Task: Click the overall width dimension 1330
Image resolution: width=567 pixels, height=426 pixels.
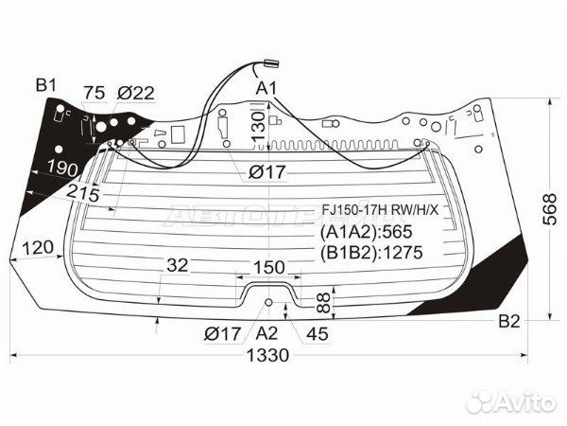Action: coord(268,355)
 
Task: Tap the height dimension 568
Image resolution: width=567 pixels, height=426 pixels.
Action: coord(550,209)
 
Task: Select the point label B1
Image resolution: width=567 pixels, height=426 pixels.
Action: coord(46,86)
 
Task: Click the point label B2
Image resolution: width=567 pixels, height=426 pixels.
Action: coord(509,321)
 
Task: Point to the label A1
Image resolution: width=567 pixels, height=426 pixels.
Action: coord(266,88)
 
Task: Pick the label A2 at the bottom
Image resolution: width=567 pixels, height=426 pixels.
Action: coord(266,333)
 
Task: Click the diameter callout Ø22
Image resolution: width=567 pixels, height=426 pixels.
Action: coord(136,93)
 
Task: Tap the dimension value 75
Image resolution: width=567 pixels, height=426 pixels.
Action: coord(94,93)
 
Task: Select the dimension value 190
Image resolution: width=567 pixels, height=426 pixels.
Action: coord(63,169)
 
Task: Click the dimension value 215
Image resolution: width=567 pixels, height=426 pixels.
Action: coord(83,193)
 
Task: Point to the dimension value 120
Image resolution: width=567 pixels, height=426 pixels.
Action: coord(38,248)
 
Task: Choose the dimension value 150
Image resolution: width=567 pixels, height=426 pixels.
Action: coord(269,268)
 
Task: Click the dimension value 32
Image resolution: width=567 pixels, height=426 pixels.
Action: coord(178,265)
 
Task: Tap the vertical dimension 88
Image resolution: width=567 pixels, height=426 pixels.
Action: coord(324,303)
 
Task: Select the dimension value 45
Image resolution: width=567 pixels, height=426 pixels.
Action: coord(318,333)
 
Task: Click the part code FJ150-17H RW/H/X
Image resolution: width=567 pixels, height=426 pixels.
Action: coord(380,210)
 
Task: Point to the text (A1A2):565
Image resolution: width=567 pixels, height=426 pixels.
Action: coord(367,232)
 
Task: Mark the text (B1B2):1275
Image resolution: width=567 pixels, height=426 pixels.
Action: coord(371,252)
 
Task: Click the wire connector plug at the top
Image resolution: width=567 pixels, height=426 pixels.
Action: coord(272,63)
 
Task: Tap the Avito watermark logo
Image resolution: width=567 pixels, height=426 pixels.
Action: coord(510,402)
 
